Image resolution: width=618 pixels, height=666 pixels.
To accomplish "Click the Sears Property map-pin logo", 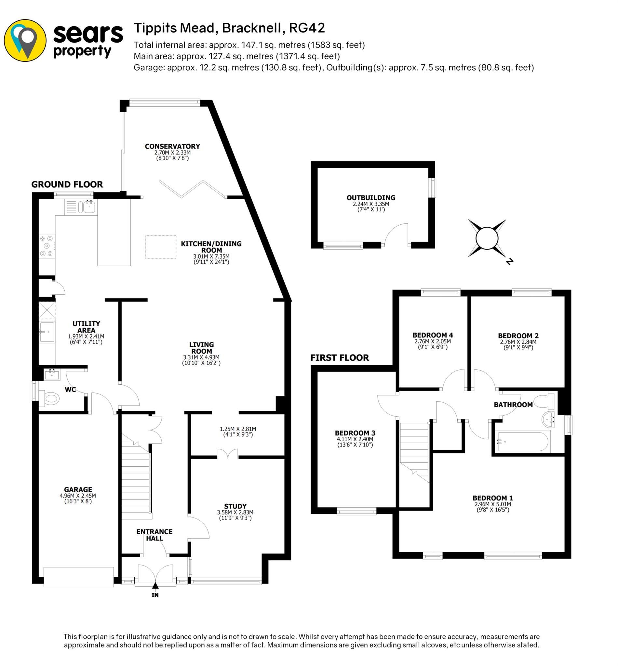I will pos(25,40).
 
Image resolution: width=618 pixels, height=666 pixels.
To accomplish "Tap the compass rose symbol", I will pos(487,239).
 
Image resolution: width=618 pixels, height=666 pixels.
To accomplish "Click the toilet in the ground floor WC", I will pos(51,398).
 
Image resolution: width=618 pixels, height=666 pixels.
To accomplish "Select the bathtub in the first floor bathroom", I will pos(523,442).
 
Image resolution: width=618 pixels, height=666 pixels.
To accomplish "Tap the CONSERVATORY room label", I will pos(172,146).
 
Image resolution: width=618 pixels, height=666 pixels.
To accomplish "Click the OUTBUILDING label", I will pos(371,198).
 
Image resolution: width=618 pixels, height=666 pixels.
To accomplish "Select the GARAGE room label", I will pos(78,489).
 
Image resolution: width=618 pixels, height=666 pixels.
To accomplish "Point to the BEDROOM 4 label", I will pos(432,335).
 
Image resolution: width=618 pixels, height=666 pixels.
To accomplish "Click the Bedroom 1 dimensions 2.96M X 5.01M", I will pos(492,504).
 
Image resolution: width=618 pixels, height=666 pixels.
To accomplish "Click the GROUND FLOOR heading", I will pos(67,184).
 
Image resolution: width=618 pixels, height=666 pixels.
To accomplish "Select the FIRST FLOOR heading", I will pos(340,358).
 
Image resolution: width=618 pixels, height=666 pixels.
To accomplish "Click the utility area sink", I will pos(47,332).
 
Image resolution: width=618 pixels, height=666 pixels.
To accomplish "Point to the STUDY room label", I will pos(235,506).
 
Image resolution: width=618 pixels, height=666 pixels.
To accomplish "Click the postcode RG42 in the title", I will pos(307,28).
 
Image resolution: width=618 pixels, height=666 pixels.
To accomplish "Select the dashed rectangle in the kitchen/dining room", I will pos(161,247).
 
